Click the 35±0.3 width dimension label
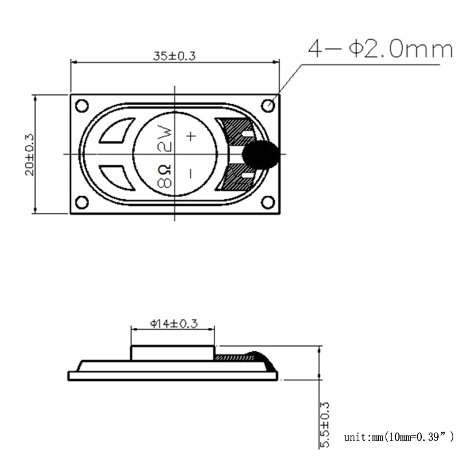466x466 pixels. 174,57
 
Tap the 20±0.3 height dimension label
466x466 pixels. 29,154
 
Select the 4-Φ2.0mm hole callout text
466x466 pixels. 380,50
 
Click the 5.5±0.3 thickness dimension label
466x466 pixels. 324,425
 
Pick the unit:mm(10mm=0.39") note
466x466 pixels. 398,436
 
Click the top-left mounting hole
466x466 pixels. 82,105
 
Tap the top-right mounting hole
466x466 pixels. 268,105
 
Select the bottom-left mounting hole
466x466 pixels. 82,202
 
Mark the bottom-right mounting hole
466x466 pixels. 268,202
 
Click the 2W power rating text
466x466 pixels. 165,138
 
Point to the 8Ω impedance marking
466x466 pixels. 165,175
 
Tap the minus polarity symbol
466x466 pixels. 190,173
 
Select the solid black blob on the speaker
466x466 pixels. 260,154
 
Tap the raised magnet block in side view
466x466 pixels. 172,353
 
